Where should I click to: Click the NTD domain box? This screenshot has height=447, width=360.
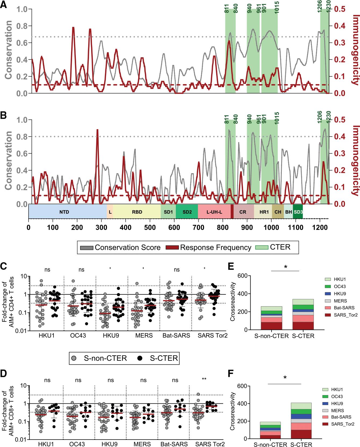point(64,212)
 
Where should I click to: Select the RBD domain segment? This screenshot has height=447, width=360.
point(137,212)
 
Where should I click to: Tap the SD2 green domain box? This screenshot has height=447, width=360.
point(187,212)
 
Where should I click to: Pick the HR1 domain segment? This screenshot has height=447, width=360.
point(264,212)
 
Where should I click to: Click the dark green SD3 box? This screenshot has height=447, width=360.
point(298,212)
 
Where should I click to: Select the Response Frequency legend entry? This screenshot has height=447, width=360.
point(208,247)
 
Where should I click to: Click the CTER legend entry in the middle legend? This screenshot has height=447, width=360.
point(273,247)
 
